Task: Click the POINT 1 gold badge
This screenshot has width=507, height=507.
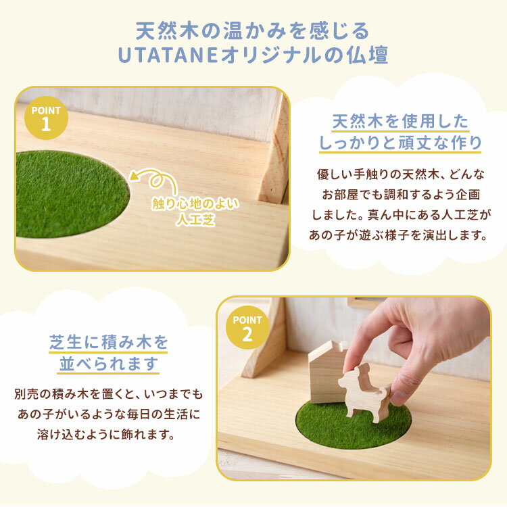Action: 46,118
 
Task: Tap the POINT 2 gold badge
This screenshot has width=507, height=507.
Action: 247,327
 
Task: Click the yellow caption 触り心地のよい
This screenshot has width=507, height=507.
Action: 195,203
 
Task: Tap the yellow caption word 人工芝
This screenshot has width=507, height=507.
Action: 195,220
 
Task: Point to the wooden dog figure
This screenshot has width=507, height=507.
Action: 364,393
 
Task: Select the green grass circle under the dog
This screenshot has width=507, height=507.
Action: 354,424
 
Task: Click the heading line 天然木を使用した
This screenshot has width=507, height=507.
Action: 400,122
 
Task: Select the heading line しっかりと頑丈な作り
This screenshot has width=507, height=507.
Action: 400,143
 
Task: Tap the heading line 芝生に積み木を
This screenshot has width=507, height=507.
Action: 108,343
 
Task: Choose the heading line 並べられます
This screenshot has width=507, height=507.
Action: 108,364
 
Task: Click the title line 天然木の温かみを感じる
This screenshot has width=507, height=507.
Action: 253,31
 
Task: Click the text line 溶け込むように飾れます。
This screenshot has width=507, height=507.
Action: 106,434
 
